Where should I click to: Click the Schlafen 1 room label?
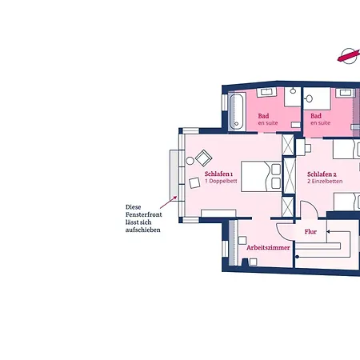point(218,174)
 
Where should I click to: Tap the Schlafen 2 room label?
point(322,174)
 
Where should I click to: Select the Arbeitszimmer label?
point(268,248)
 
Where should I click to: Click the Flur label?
point(310,232)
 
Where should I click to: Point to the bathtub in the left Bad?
point(237,111)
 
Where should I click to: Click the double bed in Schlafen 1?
point(261,176)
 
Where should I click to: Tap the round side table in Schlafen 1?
point(190,161)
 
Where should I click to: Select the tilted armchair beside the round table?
point(203,158)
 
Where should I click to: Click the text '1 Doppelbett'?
point(221,181)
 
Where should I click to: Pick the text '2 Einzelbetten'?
point(325,182)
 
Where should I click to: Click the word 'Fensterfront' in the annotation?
point(144,214)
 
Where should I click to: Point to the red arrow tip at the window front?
point(176,197)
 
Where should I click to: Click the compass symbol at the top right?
point(349,56)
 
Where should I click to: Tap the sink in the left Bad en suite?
point(266,92)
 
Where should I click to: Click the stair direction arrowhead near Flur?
point(328,232)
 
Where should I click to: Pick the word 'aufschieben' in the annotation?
point(143,230)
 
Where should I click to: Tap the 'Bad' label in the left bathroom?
point(263,116)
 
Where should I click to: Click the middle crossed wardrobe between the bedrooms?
point(289,176)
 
